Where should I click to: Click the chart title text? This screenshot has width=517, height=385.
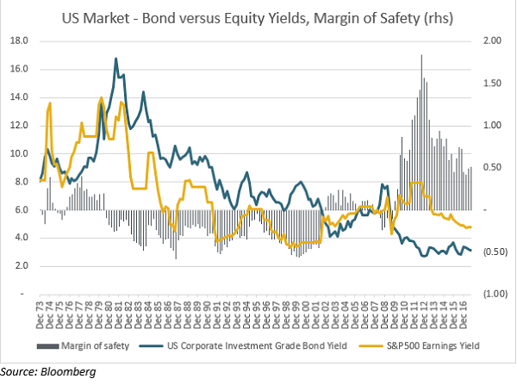pos(258,15)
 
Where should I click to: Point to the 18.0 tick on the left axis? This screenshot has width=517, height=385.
pos(19,40)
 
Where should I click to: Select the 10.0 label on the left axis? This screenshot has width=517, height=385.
pos(19,153)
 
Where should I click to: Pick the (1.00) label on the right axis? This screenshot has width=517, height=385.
pos(492,294)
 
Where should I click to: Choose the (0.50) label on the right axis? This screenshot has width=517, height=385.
pos(492,251)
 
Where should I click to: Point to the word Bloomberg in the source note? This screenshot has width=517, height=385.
pos(68,371)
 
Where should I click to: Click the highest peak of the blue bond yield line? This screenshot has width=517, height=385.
pos(115,59)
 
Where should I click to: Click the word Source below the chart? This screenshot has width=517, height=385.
pos(20,371)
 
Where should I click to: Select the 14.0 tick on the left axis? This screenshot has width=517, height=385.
pos(19,96)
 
